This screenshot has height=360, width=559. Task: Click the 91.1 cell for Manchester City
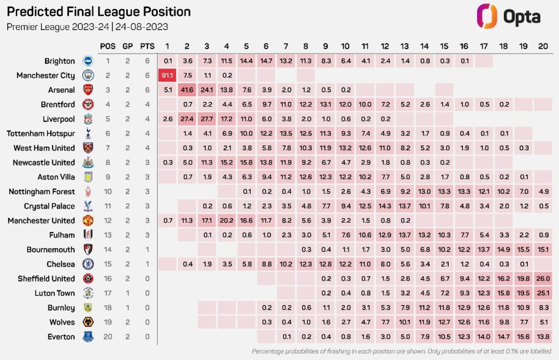tap(167, 75)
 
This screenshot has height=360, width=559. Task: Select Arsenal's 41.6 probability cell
tap(187, 90)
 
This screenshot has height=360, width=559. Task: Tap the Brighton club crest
tap(87, 61)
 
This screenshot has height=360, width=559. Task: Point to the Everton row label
tap(61, 337)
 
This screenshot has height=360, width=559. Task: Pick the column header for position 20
tap(542, 46)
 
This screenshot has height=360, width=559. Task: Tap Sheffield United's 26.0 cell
tap(542, 279)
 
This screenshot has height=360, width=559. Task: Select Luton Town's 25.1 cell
tap(542, 293)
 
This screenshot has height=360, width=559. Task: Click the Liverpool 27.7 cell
tap(207, 119)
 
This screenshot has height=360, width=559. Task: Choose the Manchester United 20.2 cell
tap(227, 221)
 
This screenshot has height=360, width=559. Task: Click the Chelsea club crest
tap(87, 264)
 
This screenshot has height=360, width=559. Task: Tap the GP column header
tap(127, 46)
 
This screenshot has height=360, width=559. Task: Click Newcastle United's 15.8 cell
tap(246, 162)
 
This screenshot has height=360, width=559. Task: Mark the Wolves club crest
tap(87, 322)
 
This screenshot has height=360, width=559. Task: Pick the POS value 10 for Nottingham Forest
tap(108, 192)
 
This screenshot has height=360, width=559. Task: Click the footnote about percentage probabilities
tap(402, 351)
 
